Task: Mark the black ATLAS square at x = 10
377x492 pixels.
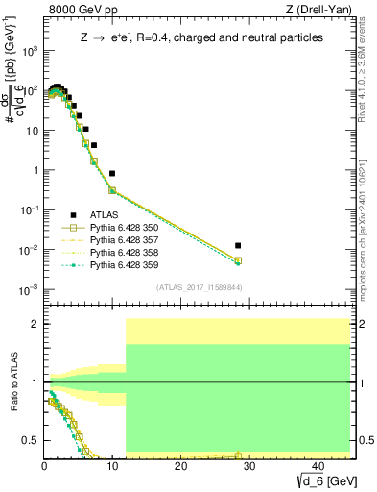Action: pos(112,174)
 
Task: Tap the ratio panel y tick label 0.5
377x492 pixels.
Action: pos(31,441)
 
